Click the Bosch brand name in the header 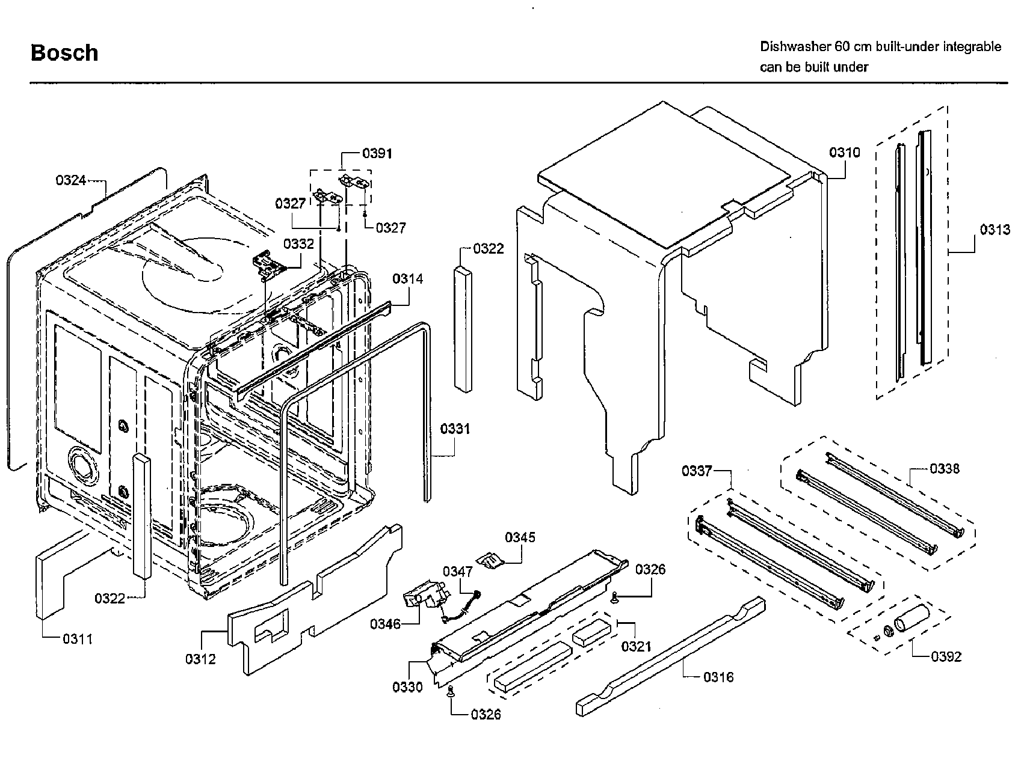coord(64,53)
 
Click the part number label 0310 coord(844,153)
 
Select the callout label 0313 coord(995,230)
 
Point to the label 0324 coord(71,180)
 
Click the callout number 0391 coord(377,153)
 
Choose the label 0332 coord(298,244)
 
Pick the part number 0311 coord(78,639)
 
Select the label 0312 coord(200,659)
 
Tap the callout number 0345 coord(520,537)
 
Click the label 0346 coord(385,624)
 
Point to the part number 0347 coord(458,571)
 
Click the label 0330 coord(407,687)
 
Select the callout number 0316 coord(718,677)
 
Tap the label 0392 coord(946,656)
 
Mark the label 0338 coord(944,469)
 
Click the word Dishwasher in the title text coord(791,47)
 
